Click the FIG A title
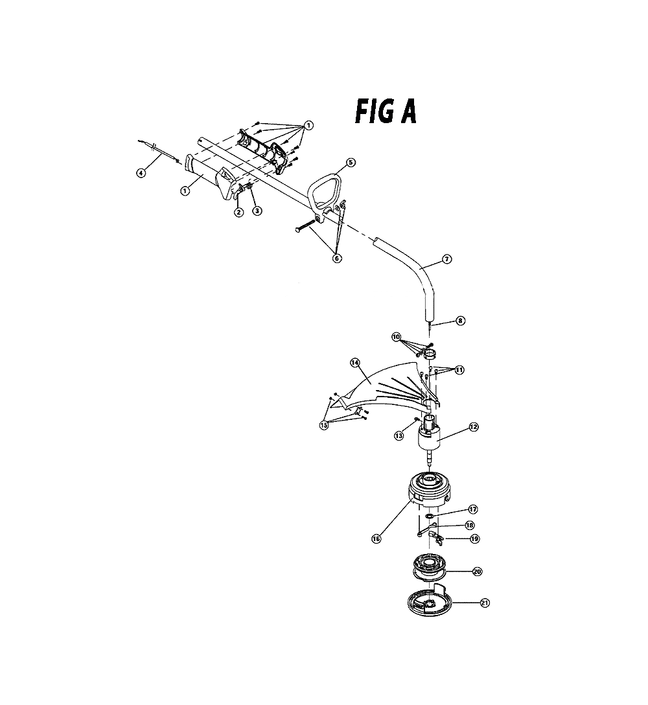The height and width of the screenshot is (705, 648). click(x=386, y=111)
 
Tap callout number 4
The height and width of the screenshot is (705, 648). click(x=141, y=172)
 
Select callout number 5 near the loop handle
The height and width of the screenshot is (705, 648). click(x=351, y=162)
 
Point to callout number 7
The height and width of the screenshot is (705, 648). click(x=446, y=259)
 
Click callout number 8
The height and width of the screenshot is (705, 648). click(x=460, y=321)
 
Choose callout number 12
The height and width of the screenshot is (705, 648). click(x=474, y=426)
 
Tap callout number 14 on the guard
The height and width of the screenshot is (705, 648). click(x=355, y=362)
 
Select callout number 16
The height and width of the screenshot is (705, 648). click(x=376, y=538)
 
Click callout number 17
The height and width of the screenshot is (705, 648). click(x=472, y=509)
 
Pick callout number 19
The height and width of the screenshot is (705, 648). click(x=474, y=538)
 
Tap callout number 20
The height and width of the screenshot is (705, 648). click(x=477, y=572)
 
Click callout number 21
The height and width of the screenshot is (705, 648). click(x=484, y=603)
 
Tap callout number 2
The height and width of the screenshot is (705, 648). click(x=239, y=211)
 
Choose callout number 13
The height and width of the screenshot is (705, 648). click(x=399, y=435)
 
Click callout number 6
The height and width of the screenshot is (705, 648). click(x=337, y=258)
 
